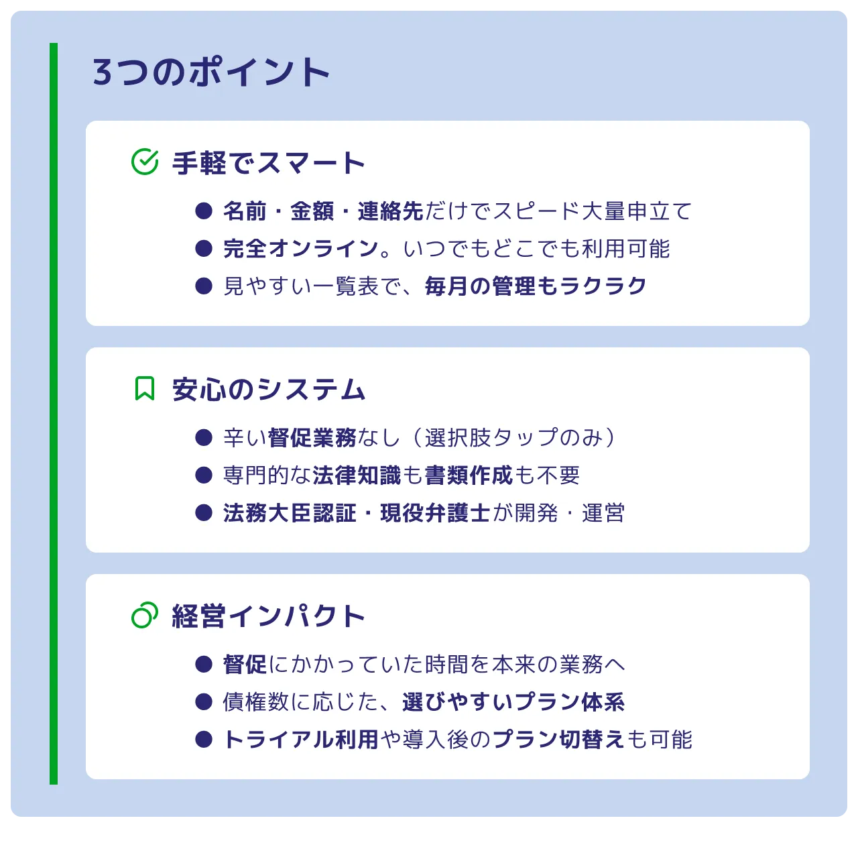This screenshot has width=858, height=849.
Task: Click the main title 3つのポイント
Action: pyautogui.click(x=211, y=72)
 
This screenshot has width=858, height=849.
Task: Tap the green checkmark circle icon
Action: pyautogui.click(x=145, y=162)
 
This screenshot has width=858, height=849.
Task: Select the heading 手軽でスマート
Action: pyautogui.click(x=268, y=163)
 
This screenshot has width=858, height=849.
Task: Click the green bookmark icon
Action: pyautogui.click(x=145, y=388)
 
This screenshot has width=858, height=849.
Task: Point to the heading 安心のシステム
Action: pyautogui.click(x=268, y=390)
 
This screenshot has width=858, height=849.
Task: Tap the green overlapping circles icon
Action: pyautogui.click(x=145, y=615)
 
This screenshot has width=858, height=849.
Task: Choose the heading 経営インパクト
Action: pyautogui.click(x=268, y=616)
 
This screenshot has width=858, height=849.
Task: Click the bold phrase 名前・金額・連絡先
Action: pyautogui.click(x=323, y=211)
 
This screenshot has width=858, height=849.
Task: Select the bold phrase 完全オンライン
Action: pyautogui.click(x=301, y=249)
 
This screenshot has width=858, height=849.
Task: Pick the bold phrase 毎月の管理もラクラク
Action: pyautogui.click(x=536, y=286)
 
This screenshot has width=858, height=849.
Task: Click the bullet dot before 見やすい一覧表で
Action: pyautogui.click(x=204, y=286)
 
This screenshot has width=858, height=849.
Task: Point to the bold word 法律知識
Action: pyautogui.click(x=357, y=475)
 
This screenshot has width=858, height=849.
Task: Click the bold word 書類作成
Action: pyautogui.click(x=469, y=475)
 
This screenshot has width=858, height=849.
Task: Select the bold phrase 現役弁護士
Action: pyautogui.click(x=435, y=513)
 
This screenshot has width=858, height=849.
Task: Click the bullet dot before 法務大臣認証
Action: pyautogui.click(x=204, y=513)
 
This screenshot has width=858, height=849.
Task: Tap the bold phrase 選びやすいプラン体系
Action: pyautogui.click(x=513, y=702)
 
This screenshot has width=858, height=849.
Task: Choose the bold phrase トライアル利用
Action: pyautogui.click(x=301, y=740)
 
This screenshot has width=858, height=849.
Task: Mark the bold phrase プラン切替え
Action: pyautogui.click(x=558, y=740)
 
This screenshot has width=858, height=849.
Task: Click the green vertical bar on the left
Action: pyautogui.click(x=54, y=413)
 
